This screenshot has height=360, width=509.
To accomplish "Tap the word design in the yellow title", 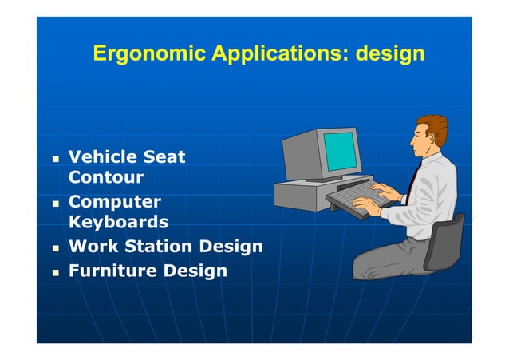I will [x=390, y=55].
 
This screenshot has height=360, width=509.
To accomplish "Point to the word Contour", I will [x=106, y=177].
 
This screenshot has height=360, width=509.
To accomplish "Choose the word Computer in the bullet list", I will [x=114, y=202].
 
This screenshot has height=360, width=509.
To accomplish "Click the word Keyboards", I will [x=118, y=222].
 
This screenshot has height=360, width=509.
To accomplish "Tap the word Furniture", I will [x=112, y=271].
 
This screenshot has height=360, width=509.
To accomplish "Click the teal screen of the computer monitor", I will [x=338, y=149].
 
